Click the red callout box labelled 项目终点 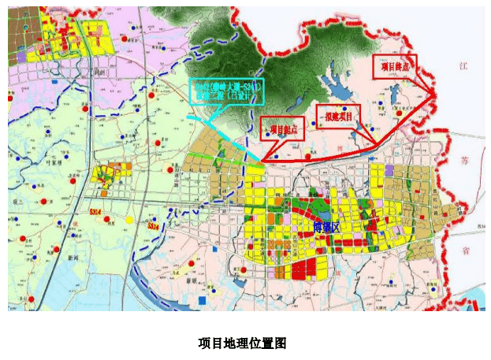[394, 68]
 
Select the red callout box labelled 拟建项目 [337, 116]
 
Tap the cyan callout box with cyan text [226, 91]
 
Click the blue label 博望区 [325, 228]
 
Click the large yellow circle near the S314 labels [129, 218]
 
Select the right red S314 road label [154, 226]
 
